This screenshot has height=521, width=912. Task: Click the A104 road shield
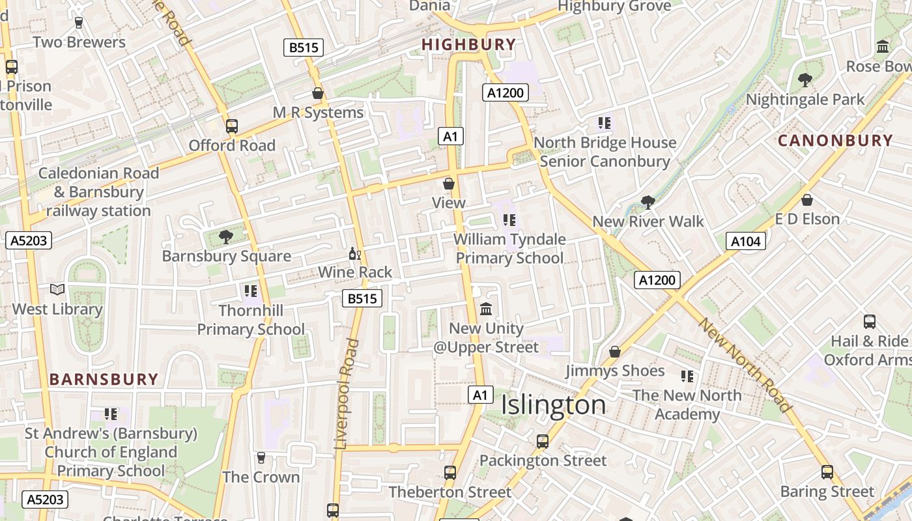click(745, 242)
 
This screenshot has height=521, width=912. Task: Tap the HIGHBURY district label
click(468, 44)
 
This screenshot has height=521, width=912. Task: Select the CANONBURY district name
click(835, 141)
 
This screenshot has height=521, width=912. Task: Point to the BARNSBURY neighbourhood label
click(104, 379)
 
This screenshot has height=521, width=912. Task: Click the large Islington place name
click(553, 405)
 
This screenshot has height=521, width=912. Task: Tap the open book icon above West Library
click(57, 289)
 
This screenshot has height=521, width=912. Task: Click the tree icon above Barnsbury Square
click(226, 236)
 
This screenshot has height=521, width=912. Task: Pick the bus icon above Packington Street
click(542, 442)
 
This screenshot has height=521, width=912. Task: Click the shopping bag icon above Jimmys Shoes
click(614, 352)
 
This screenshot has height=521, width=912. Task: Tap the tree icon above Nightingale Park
click(805, 80)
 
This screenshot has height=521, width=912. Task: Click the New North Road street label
click(744, 364)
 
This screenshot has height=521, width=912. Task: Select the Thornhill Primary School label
click(251, 320)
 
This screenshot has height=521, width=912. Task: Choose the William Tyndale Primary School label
click(509, 249)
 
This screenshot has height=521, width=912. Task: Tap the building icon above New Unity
click(486, 309)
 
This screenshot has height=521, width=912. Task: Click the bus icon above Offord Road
click(232, 126)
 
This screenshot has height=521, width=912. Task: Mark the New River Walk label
click(648, 221)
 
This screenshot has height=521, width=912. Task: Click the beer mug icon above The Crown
click(261, 458)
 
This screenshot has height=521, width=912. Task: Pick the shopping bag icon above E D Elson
click(806, 200)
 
